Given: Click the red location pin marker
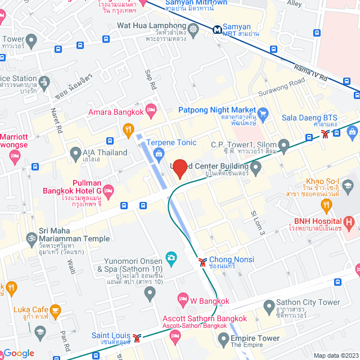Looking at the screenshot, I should (x=179, y=169).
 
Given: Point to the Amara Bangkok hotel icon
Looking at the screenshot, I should (x=150, y=109).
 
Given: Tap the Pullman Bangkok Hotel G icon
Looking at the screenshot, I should (x=108, y=189).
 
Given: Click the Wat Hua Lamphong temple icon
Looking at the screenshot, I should (x=194, y=30).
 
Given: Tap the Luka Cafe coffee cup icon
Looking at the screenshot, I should (x=55, y=310).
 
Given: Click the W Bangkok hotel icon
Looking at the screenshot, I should (x=183, y=298).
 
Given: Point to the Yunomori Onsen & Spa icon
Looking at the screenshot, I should (x=171, y=258).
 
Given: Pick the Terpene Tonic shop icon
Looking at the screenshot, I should (x=159, y=153).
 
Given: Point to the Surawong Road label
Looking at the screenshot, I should (x=281, y=88).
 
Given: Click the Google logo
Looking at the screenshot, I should (x=19, y=353).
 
